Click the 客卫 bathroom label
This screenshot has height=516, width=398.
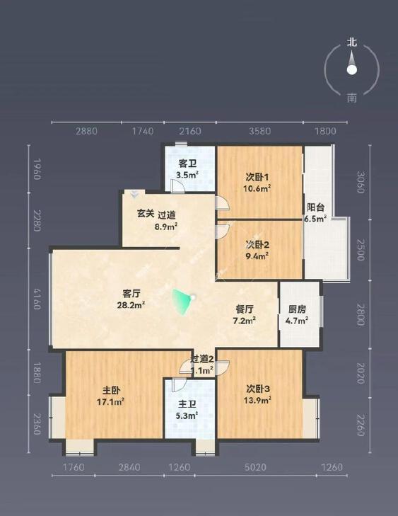click(x=187, y=163)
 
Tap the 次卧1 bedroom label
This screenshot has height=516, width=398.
click(x=257, y=177)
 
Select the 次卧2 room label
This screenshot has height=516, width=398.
click(x=257, y=245)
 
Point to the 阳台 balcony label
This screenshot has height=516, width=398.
click(x=315, y=208)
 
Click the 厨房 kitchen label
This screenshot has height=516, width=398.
click(x=297, y=309)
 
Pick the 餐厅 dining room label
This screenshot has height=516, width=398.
click(x=245, y=309)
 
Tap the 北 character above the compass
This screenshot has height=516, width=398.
click(x=351, y=42)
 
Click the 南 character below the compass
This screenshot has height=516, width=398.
click(x=351, y=98)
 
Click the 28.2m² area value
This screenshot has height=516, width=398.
click(x=132, y=305)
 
